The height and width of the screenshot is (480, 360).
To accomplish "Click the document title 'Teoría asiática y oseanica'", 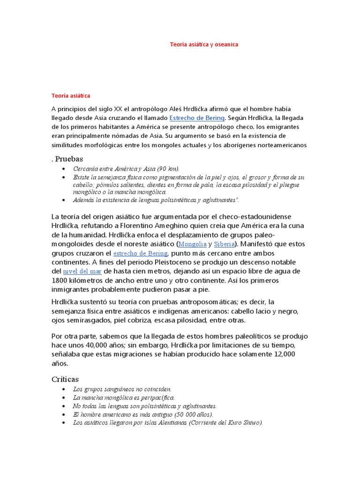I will point(204,45).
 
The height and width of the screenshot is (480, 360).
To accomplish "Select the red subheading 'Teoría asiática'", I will point(70,96).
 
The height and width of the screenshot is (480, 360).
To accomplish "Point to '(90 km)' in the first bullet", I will point(168,169).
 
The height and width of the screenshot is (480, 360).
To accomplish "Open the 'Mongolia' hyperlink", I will point(193,244).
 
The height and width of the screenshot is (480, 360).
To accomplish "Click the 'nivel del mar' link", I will point(82,271).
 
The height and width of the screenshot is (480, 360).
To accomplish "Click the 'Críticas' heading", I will point(65,379).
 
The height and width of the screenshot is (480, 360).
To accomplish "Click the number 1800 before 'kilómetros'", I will point(60,280).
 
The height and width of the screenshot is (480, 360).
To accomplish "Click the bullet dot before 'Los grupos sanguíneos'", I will point(63,389).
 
